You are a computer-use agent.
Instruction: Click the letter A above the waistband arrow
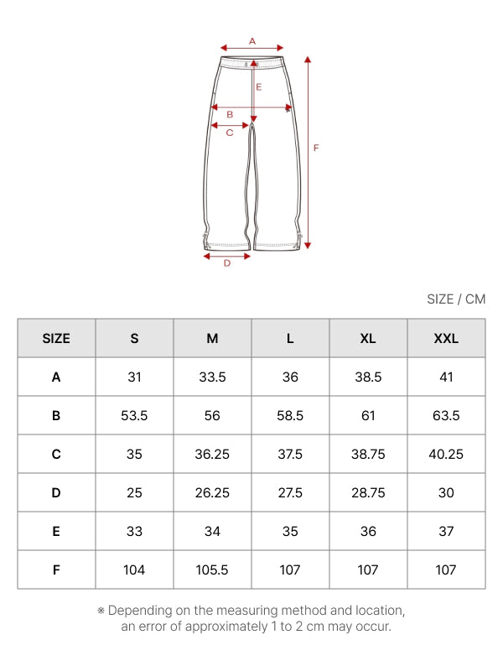click(252, 41)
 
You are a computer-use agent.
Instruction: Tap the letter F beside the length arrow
click(316, 148)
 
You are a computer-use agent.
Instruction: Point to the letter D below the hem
click(227, 263)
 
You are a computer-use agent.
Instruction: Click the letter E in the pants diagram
click(259, 87)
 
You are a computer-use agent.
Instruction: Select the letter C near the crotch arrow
click(230, 133)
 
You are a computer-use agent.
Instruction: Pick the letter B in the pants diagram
click(230, 115)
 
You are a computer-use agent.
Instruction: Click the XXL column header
click(446, 339)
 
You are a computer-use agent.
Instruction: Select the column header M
click(212, 339)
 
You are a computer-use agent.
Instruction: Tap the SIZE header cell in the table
click(56, 339)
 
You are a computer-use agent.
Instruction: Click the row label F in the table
click(56, 570)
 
